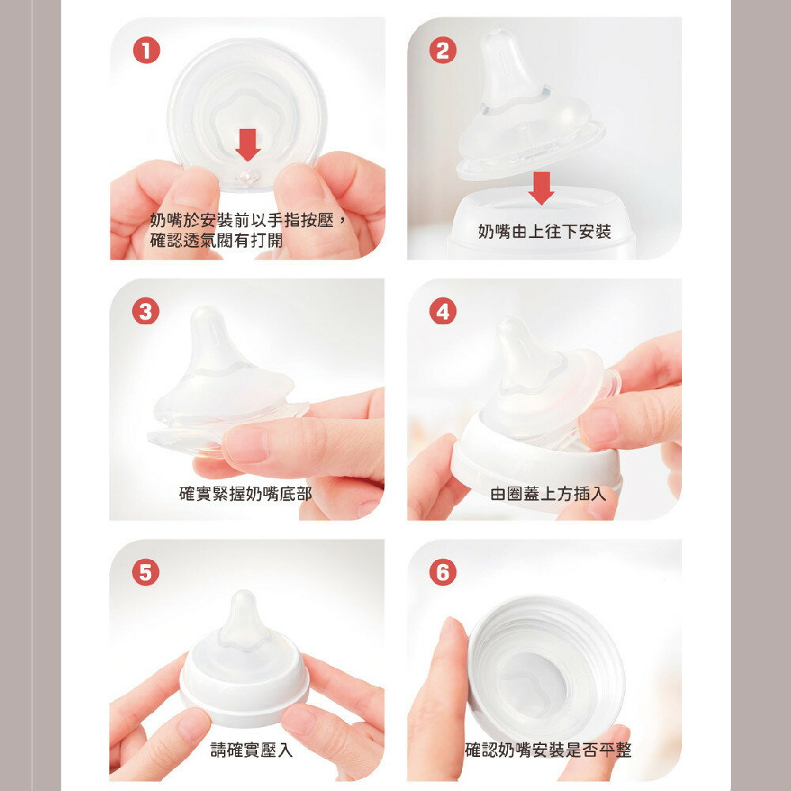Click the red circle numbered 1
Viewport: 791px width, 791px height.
click(146, 51)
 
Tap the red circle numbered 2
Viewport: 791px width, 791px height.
click(442, 51)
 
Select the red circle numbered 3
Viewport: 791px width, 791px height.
click(146, 312)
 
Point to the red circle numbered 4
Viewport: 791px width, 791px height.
click(442, 312)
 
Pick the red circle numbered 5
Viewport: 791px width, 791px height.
click(146, 572)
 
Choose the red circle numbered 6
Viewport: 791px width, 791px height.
click(442, 572)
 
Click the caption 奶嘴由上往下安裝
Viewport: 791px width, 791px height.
click(544, 232)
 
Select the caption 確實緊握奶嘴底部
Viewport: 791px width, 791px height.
click(245, 494)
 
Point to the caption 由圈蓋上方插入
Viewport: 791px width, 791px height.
click(548, 494)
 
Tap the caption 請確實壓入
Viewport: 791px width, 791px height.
click(252, 750)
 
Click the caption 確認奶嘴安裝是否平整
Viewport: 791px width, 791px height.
click(548, 750)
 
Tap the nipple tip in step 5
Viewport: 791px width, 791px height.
click(242, 603)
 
